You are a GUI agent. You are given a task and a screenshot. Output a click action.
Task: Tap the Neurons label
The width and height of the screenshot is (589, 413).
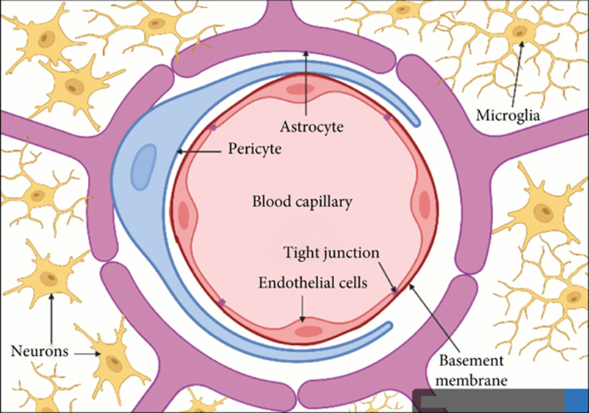coord(40,351)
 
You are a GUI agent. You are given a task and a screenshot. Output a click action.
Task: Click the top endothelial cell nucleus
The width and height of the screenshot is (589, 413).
coord(300,90)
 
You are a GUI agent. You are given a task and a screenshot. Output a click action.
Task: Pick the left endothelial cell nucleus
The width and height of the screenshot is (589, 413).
coord(184,216)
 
